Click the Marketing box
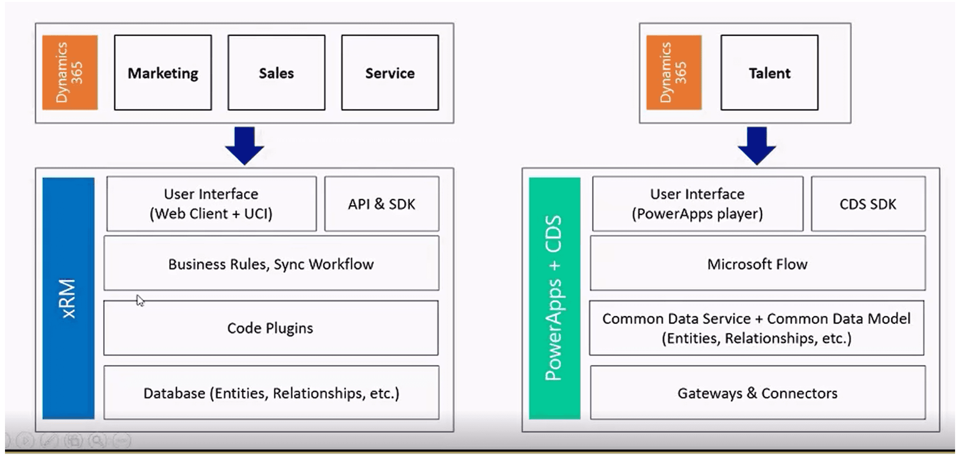[x=163, y=73]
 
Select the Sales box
[x=276, y=73]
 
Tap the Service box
[x=390, y=73]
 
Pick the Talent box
[x=769, y=73]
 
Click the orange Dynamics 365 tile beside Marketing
[x=70, y=73]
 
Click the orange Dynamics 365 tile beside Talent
[x=674, y=73]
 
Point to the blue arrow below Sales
[x=244, y=146]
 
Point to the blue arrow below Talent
[x=757, y=146]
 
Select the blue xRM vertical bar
[x=68, y=298]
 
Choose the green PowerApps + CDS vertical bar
[x=555, y=298]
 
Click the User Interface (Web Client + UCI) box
[x=211, y=204]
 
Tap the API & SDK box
[x=382, y=204]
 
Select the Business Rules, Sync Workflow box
[x=271, y=263]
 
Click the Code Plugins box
[x=271, y=328]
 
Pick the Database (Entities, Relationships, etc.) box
[x=271, y=392]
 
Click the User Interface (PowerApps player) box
[x=698, y=204]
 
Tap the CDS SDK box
[x=868, y=204]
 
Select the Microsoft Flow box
[x=758, y=263]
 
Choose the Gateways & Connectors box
[x=758, y=392]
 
